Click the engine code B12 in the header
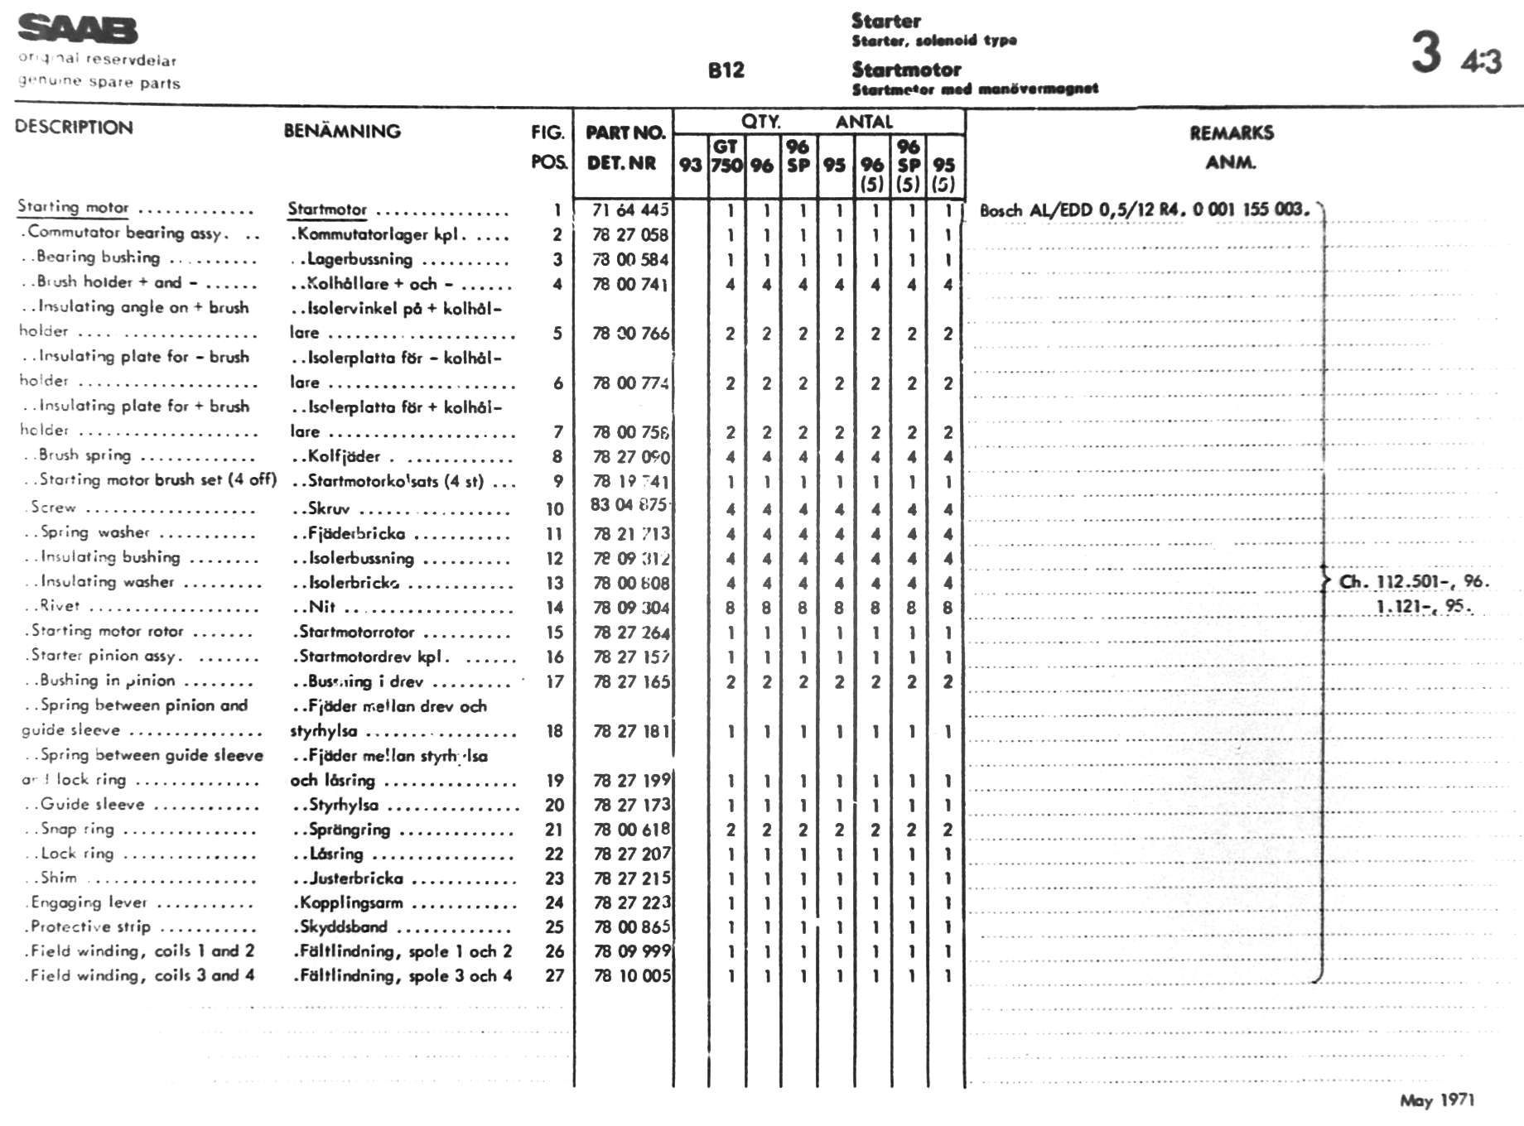pyautogui.click(x=726, y=70)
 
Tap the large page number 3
pyautogui.click(x=1426, y=52)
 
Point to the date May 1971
pyautogui.click(x=1436, y=1100)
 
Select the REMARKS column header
pyautogui.click(x=1231, y=132)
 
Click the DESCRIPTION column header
pyautogui.click(x=74, y=128)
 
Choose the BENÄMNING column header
pyautogui.click(x=342, y=131)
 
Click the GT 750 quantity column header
pyautogui.click(x=726, y=156)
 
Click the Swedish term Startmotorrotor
pyautogui.click(x=356, y=633)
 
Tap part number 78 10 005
pyautogui.click(x=631, y=976)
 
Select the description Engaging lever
pyautogui.click(x=89, y=902)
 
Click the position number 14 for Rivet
pyautogui.click(x=554, y=608)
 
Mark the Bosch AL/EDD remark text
pyautogui.click(x=1144, y=210)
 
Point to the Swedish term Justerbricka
pyautogui.click(x=356, y=878)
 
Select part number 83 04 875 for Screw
pyautogui.click(x=628, y=505)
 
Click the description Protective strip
pyautogui.click(x=90, y=927)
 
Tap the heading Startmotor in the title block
pyautogui.click(x=906, y=70)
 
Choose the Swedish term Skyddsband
pyautogui.click(x=343, y=927)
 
